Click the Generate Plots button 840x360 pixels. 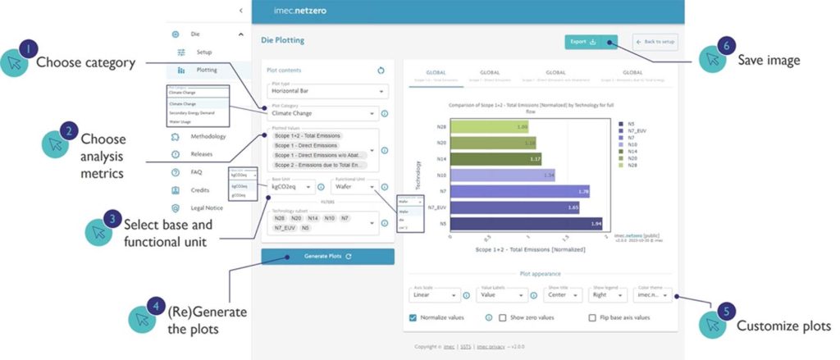[327, 257]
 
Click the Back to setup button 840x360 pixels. [655, 41]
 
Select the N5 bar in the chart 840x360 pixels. [526, 222]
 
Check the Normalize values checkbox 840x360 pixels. [413, 317]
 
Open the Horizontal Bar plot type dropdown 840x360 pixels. [327, 92]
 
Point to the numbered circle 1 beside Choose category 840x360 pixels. [28, 50]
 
